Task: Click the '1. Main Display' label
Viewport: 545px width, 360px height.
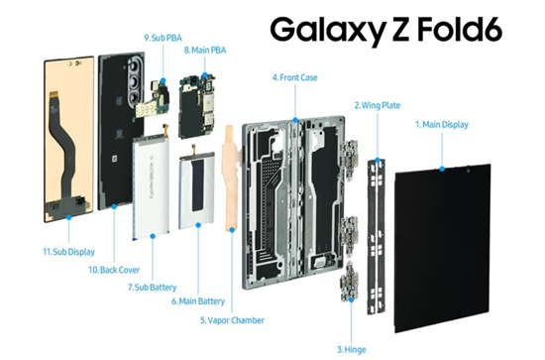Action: point(442,125)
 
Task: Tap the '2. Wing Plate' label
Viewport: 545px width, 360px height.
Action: point(378,105)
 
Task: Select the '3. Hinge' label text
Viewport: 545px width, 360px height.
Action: point(351,349)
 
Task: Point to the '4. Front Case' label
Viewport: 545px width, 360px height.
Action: point(294,77)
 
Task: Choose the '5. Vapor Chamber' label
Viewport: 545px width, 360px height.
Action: point(232,320)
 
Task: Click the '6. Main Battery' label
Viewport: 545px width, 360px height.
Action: point(198,300)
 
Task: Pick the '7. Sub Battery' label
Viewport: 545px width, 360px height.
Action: point(153,288)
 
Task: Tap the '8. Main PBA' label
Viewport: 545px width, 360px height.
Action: point(205,51)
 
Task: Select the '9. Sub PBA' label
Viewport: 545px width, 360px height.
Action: point(163,38)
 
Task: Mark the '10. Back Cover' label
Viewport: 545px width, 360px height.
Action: point(114,270)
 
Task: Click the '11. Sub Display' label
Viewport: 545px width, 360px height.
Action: point(68,252)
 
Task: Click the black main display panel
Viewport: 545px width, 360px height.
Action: point(443,248)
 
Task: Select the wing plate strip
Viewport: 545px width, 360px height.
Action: point(377,236)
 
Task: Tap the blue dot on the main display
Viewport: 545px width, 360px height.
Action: point(442,169)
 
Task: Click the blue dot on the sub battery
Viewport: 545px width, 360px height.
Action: point(153,236)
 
